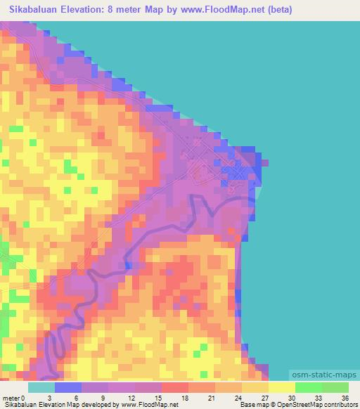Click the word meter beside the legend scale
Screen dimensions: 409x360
tap(11, 398)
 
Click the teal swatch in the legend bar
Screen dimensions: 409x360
tap(41, 387)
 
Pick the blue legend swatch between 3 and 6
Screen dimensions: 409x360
tap(68, 387)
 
